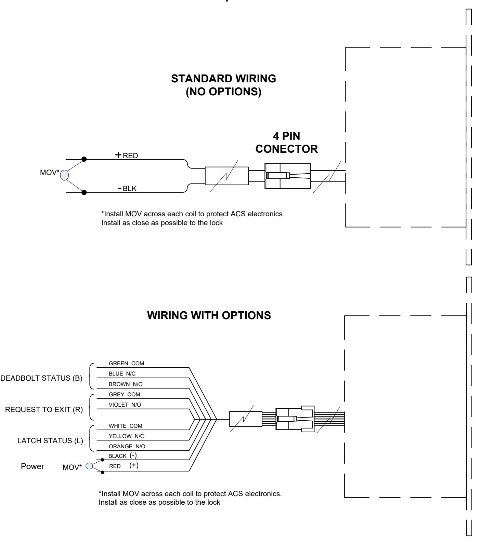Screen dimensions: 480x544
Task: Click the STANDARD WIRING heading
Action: pyautogui.click(x=224, y=79)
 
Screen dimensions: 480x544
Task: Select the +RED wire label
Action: pyautogui.click(x=126, y=155)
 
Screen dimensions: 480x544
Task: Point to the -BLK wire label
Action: pyautogui.click(x=127, y=188)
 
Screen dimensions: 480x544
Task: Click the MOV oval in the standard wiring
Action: pyautogui.click(x=64, y=175)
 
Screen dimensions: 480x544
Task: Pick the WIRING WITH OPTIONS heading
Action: pyautogui.click(x=209, y=315)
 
